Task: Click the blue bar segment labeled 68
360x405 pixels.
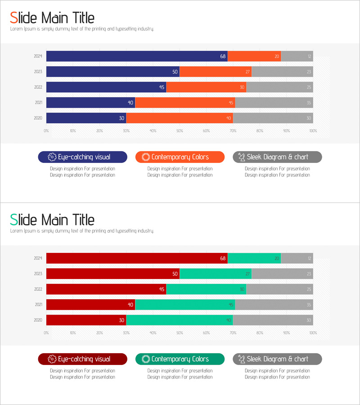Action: tap(137, 56)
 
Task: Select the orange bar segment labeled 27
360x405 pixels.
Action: tap(216, 72)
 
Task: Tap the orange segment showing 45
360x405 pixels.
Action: tap(185, 103)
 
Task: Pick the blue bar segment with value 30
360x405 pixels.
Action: tap(86, 118)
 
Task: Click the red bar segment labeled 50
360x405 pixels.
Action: tap(113, 274)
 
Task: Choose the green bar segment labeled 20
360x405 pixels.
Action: tap(254, 258)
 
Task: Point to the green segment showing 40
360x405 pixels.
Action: tap(180, 320)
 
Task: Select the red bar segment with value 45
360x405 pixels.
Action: tap(106, 289)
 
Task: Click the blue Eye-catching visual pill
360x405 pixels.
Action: tap(83, 157)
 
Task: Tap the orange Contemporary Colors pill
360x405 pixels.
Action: tap(180, 157)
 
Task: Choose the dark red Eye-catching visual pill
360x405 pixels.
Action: tap(83, 359)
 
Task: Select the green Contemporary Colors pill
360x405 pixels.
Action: tap(180, 359)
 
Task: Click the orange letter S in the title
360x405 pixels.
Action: tap(14, 18)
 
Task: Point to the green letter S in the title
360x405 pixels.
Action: tap(14, 220)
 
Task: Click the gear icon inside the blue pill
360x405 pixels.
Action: tap(52, 157)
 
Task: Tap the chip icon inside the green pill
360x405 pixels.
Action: tap(145, 359)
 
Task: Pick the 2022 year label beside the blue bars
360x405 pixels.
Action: tap(38, 87)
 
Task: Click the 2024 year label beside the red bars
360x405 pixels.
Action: tap(38, 258)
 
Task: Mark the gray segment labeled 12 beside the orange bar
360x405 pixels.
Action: tap(297, 56)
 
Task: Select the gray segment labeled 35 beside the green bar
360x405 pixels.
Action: tap(274, 305)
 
